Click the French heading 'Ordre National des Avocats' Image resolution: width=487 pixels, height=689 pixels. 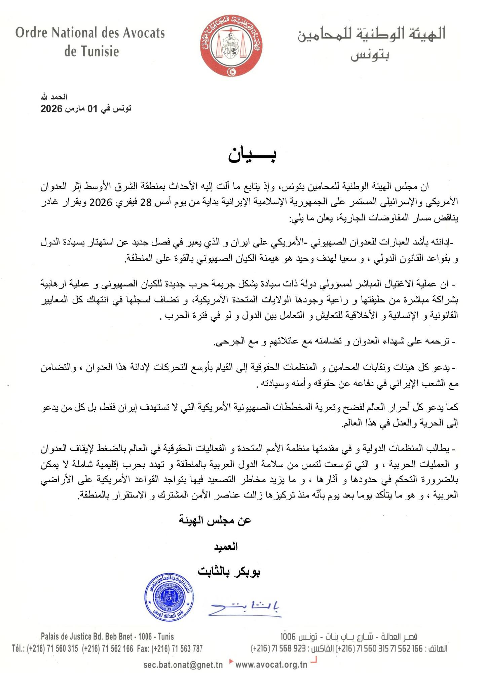coord(90,33)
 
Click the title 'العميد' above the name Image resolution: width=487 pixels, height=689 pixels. coord(226,547)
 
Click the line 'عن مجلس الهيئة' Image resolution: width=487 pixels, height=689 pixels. coord(215,520)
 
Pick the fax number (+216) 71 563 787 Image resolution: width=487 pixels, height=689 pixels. coord(178,649)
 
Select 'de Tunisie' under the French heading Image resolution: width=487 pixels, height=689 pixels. coord(91,51)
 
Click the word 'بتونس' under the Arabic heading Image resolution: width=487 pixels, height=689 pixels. coord(370,56)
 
